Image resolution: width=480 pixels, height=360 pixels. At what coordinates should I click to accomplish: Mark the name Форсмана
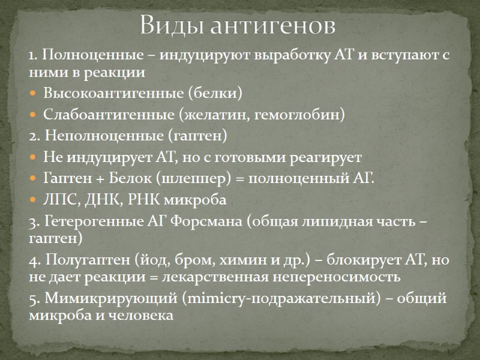click(204, 221)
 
